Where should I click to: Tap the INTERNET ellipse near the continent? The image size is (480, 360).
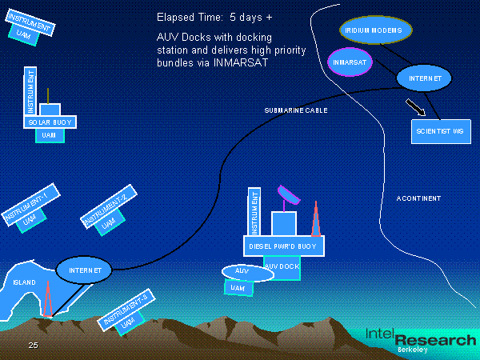click(424, 78)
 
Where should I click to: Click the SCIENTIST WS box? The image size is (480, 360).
click(439, 130)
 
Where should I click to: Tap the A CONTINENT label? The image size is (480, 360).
click(418, 198)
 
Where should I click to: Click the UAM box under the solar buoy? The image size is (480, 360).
click(49, 135)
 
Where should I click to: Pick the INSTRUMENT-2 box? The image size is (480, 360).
click(110, 206)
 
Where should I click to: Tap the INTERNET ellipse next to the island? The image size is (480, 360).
click(85, 270)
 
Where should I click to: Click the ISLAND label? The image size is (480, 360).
click(25, 283)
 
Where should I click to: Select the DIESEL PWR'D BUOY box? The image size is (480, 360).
click(282, 247)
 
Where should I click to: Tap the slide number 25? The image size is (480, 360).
click(33, 345)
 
